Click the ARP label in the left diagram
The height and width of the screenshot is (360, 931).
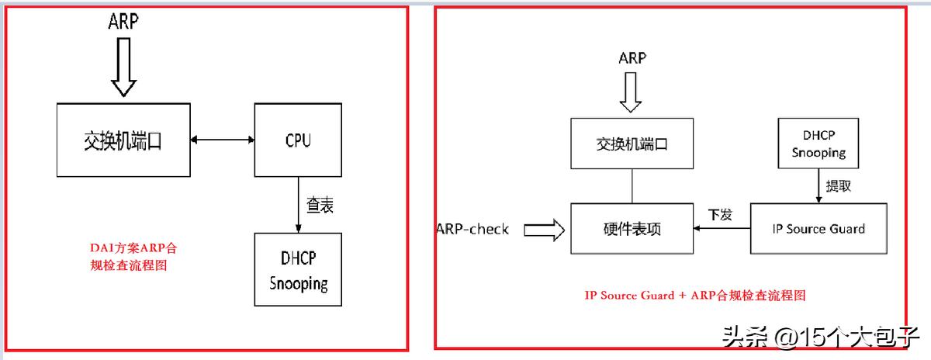[x=123, y=22]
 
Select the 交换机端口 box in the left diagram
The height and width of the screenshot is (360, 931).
[x=123, y=140]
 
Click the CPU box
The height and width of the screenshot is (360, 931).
[x=299, y=140]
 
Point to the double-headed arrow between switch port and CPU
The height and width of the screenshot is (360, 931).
[x=223, y=140]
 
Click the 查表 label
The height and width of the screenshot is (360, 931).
[x=320, y=206]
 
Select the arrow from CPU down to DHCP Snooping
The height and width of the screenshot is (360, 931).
[x=299, y=204]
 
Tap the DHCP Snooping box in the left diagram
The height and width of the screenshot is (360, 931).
[x=299, y=270]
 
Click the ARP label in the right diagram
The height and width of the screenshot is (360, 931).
[x=632, y=58]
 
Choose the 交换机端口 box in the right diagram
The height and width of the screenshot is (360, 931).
[x=632, y=144]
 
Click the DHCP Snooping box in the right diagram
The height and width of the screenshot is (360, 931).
[x=819, y=143]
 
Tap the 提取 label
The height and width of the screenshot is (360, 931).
[x=838, y=186]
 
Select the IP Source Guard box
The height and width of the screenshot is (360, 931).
[x=818, y=229]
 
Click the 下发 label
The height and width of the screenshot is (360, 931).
[x=720, y=213]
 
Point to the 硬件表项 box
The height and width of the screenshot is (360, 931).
[x=632, y=229]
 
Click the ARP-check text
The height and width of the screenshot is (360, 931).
[x=472, y=228]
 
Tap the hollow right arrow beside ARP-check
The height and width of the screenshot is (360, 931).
[x=545, y=229]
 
